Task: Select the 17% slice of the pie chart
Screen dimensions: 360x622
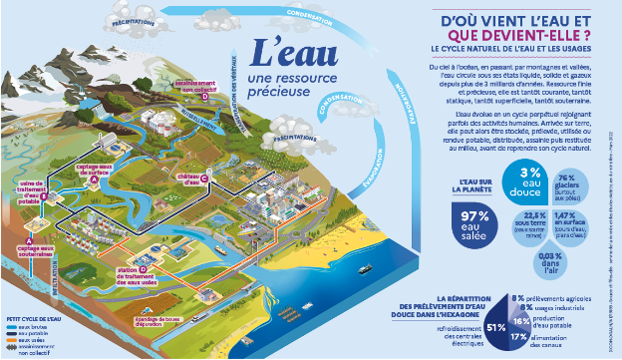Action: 519,336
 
